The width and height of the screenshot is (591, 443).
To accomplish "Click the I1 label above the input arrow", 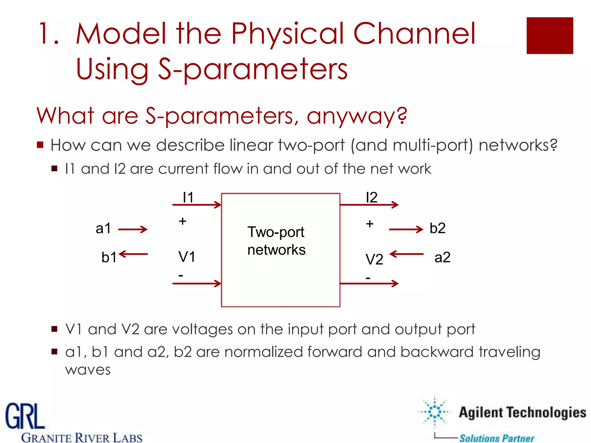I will coord(188,198).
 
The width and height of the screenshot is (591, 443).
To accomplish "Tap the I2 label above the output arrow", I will coord(371,198).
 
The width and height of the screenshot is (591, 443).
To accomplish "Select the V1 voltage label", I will coord(187,256).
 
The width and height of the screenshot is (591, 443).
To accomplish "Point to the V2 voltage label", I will coord(374,259).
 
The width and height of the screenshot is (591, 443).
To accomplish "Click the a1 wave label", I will coord(103,228).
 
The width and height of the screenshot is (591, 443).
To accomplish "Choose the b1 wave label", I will coord(109,257).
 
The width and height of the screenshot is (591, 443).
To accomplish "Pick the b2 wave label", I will coord(437,228).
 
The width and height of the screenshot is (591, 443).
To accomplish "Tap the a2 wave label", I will coord(442,257).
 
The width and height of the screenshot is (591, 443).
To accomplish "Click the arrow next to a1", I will coord(133,229).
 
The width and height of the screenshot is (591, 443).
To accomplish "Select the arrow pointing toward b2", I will coord(406,229).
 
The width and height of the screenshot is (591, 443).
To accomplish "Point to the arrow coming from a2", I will coord(406,254).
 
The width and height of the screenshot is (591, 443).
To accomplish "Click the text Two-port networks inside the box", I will coord(276,241).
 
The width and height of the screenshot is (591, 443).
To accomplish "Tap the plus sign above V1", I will coord(182,221).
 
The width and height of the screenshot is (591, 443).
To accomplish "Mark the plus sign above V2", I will coord(370,224).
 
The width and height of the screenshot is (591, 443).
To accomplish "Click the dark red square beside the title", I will coord(550,35).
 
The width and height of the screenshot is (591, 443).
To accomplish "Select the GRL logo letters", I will coord(25,416).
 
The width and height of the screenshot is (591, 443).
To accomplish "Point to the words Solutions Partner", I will coord(497,438).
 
